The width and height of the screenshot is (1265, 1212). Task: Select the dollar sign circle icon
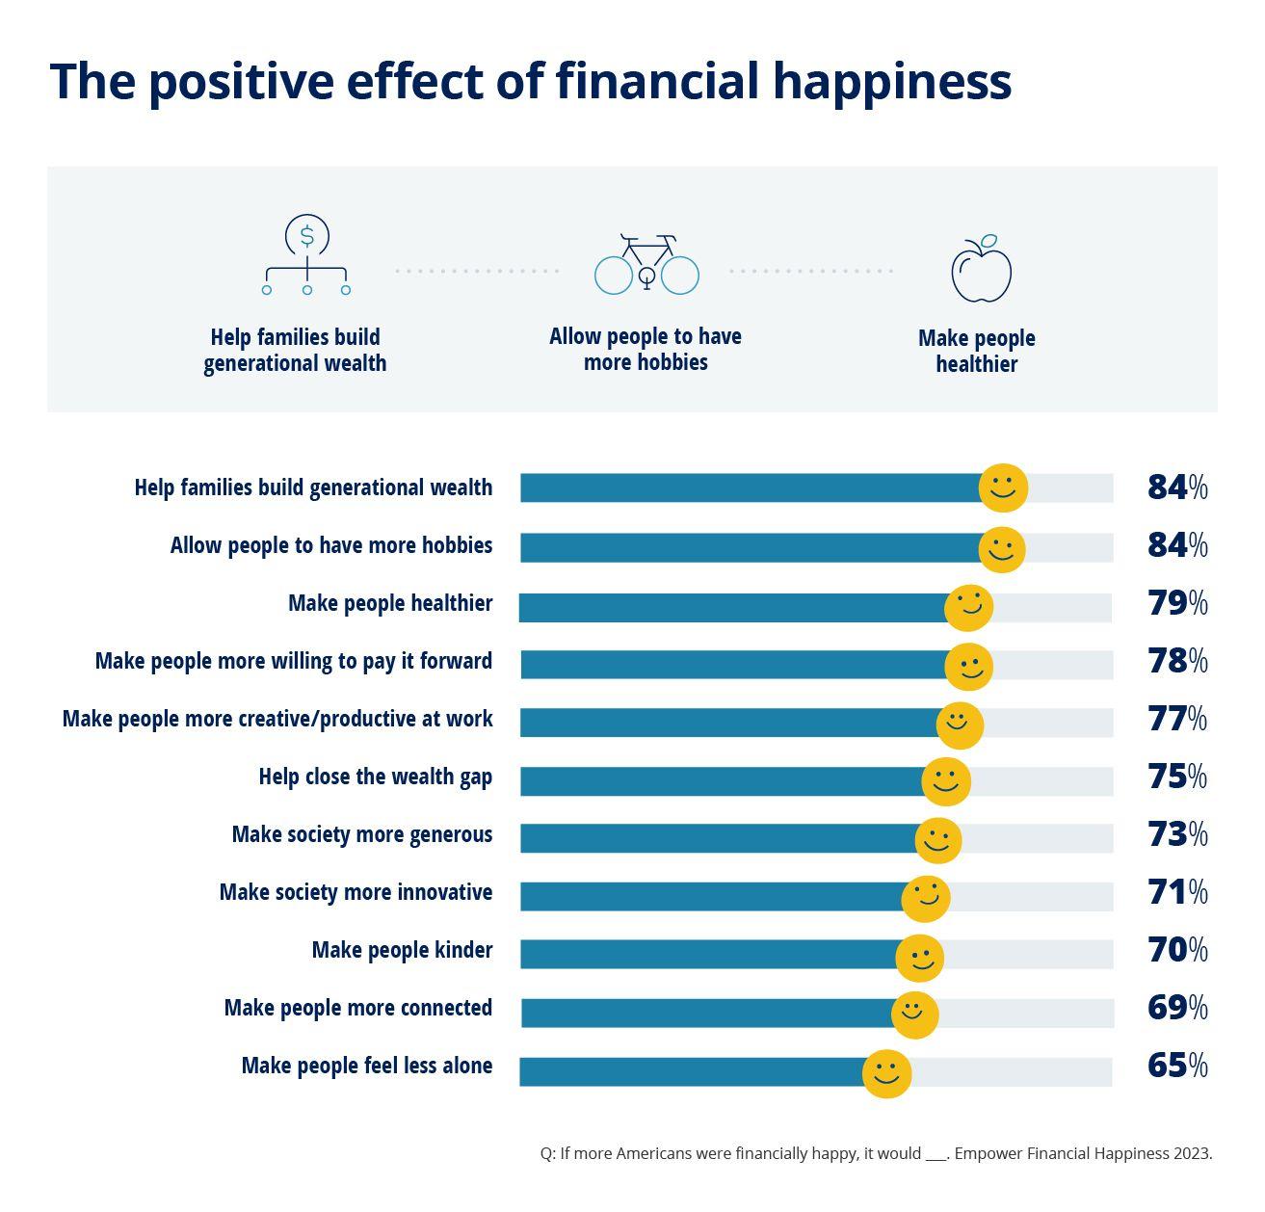click(x=306, y=235)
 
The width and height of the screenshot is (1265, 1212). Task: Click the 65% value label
click(x=1176, y=1066)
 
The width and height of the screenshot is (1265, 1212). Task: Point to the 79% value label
click(x=1176, y=603)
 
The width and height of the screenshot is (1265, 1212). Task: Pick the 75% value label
click(x=1176, y=777)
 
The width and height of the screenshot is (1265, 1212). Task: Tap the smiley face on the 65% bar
click(x=886, y=1073)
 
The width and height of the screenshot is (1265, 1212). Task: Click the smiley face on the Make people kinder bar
click(x=919, y=958)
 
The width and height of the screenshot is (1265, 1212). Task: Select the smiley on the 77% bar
click(x=960, y=725)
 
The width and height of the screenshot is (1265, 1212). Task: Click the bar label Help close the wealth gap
click(x=375, y=777)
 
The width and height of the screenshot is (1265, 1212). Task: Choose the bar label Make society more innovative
click(x=356, y=892)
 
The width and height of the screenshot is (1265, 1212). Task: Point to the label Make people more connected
click(x=357, y=1008)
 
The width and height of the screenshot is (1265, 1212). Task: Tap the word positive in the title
click(x=242, y=81)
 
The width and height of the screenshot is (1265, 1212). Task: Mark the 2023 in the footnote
click(x=1192, y=1153)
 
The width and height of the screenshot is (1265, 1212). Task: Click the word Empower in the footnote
click(x=986, y=1153)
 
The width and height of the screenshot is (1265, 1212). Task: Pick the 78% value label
click(x=1176, y=661)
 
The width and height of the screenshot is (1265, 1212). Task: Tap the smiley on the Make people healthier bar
click(x=968, y=608)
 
